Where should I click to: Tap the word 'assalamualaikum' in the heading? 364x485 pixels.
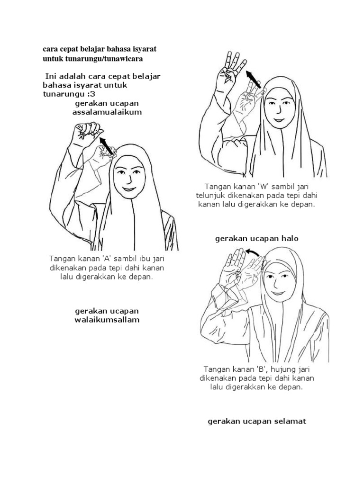click(107, 112)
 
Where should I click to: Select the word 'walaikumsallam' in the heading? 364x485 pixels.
click(107, 320)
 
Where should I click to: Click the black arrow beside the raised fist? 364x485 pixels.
click(106, 146)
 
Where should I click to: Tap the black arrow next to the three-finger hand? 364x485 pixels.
click(254, 79)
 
